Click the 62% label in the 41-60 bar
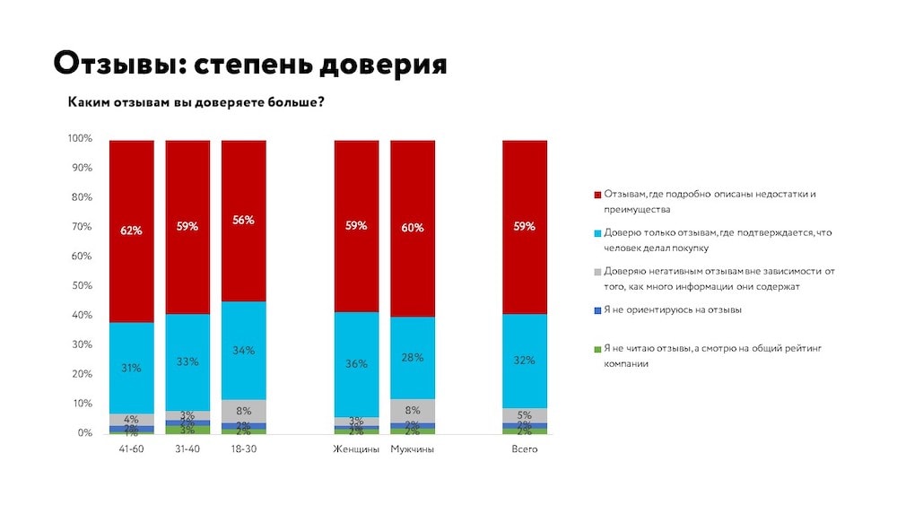(x=132, y=231)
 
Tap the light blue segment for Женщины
(x=357, y=363)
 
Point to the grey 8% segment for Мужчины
(x=413, y=410)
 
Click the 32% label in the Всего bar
(x=525, y=361)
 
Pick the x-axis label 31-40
(x=187, y=449)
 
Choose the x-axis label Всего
(x=525, y=449)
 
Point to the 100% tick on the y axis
(x=80, y=139)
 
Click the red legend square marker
(x=597, y=195)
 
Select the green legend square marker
(x=597, y=348)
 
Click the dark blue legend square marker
(x=597, y=310)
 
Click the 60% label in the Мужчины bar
(x=413, y=227)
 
